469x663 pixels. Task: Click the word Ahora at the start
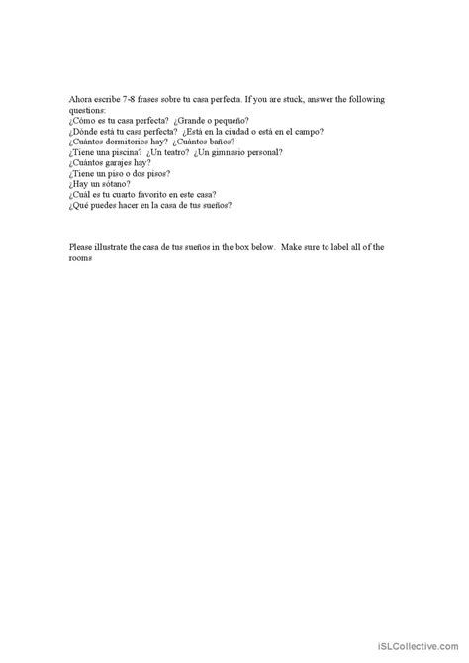[x=81, y=99]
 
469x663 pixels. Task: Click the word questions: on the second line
[x=89, y=110]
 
